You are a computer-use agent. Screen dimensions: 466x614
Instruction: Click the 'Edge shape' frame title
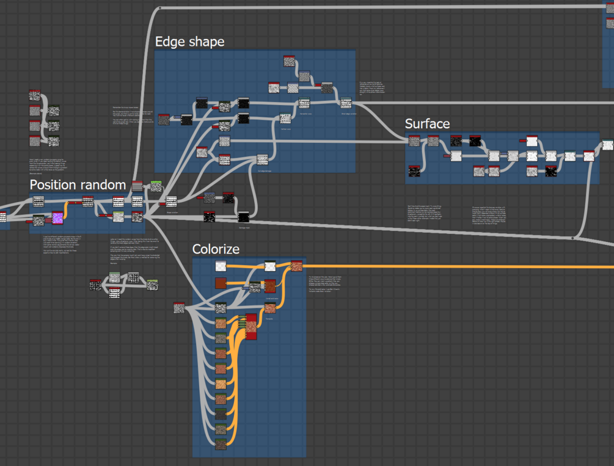pos(189,42)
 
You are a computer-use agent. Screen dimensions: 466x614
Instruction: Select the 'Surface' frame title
pos(427,124)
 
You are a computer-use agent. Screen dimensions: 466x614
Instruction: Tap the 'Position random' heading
pos(78,184)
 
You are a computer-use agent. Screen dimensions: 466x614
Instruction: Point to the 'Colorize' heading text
pos(216,249)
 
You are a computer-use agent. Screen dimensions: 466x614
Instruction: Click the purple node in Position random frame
pos(57,218)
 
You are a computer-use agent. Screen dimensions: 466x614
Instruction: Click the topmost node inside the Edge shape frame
pos(289,61)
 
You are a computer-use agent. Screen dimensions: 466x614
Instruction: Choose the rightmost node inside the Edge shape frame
pos(346,103)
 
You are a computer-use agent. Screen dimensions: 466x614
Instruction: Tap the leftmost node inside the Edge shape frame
pos(164,119)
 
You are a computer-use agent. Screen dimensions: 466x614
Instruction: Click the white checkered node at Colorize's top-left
pos(221,266)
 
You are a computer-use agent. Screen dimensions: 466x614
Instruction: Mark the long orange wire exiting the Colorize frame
pos(458,267)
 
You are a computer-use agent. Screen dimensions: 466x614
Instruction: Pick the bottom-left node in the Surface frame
pos(414,170)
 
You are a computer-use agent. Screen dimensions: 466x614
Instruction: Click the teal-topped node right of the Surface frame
pos(607,145)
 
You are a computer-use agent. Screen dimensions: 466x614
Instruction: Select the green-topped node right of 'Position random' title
pos(156,186)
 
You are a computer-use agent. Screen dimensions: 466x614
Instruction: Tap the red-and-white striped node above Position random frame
pos(137,186)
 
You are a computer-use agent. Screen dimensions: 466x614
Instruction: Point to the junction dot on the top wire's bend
pos(160,9)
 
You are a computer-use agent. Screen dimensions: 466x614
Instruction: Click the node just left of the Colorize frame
pos(178,308)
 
